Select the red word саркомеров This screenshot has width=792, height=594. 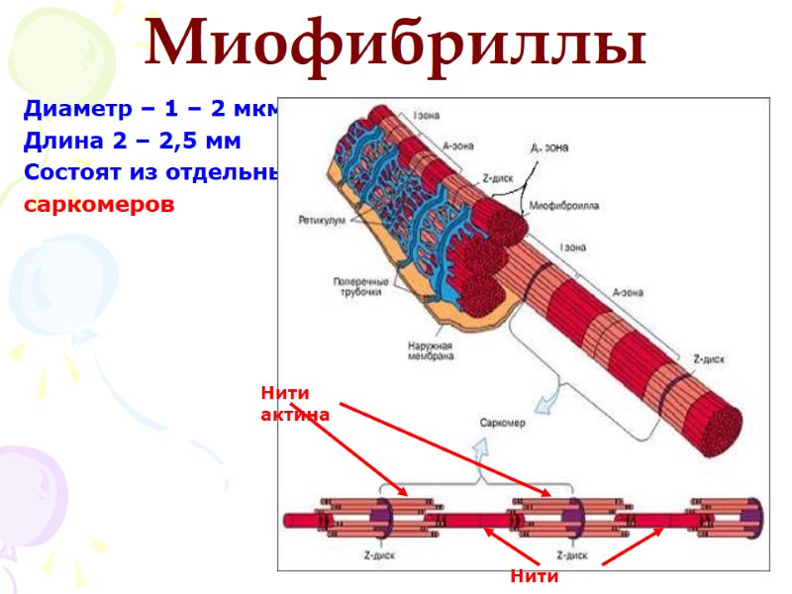pos(99,205)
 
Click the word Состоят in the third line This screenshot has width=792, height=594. pos(72,172)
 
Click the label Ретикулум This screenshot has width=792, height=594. pos(320,219)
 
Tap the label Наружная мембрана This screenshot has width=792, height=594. pos(431,351)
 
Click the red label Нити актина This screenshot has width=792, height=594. pos(294,404)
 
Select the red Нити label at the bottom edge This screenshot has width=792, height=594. pos(534,575)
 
